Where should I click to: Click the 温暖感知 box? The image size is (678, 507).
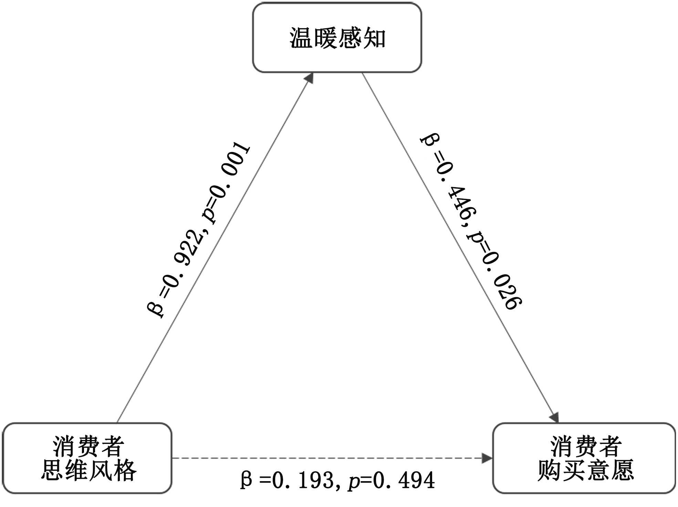(x=337, y=38)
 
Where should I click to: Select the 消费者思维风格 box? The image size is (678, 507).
(x=87, y=458)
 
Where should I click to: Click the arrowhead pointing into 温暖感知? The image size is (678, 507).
(x=310, y=78)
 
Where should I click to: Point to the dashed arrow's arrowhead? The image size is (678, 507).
(x=487, y=458)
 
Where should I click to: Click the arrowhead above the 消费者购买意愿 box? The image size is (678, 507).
(x=554, y=417)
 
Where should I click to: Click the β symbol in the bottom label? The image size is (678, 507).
(x=246, y=480)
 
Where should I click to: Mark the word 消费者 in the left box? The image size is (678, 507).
(x=88, y=446)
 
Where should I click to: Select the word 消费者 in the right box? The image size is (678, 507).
(x=586, y=446)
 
